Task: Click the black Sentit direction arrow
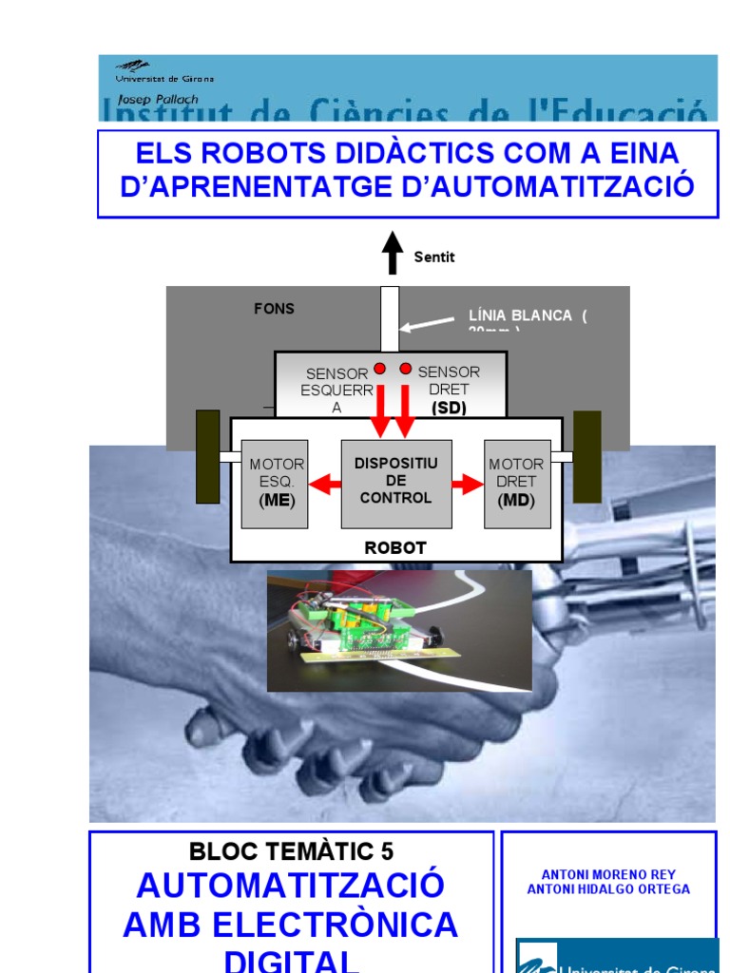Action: pos(392,256)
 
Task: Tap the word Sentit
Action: pos(434,257)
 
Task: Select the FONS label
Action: pos(274,309)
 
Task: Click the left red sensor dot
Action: pos(380,369)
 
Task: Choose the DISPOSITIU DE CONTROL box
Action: pos(396,483)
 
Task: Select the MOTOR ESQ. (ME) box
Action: pos(275,483)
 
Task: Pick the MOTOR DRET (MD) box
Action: pos(517,483)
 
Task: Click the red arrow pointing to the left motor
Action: pos(324,485)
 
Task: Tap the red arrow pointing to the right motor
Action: pos(468,485)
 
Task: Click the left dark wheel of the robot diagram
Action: pos(207,456)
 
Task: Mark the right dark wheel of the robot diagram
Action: pos(587,456)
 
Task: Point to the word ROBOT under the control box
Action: pos(395,547)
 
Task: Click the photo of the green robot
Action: pos(399,630)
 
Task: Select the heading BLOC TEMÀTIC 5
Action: pos(292,851)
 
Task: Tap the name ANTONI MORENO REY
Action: pos(608,874)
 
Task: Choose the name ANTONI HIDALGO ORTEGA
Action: pos(608,889)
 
